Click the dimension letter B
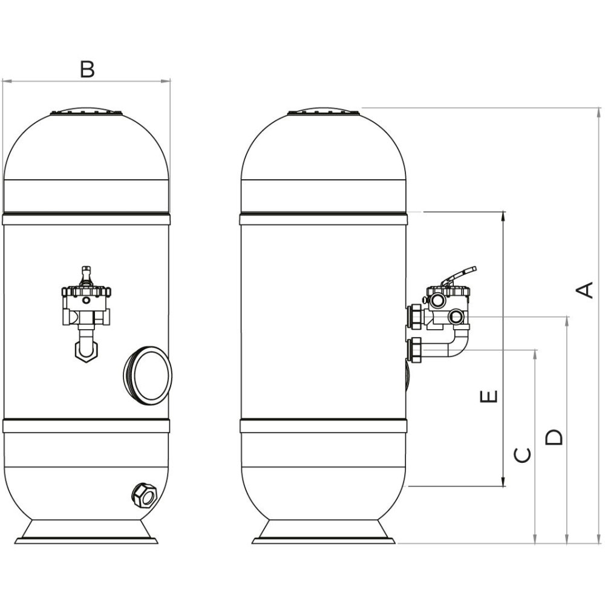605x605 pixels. [x=87, y=70]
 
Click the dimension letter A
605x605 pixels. [x=584, y=290]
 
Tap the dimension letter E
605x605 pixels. [x=489, y=396]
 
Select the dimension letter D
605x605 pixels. [x=554, y=437]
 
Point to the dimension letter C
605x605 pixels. [x=523, y=456]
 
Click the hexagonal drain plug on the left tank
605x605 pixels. [x=145, y=495]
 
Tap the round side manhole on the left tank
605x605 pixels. [x=148, y=375]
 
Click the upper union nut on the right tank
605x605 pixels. [x=415, y=317]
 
